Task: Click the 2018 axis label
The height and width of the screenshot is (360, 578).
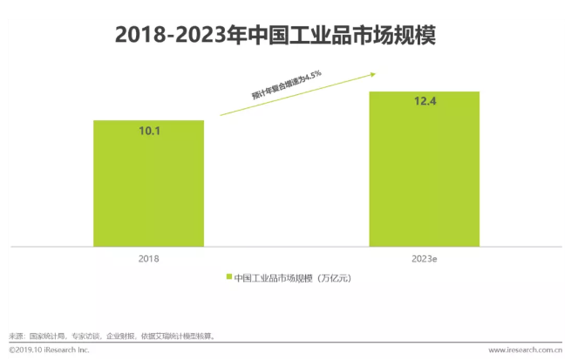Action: point(148,260)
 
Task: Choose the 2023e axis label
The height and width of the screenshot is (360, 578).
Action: point(425,260)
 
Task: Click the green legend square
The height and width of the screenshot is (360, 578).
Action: point(229,278)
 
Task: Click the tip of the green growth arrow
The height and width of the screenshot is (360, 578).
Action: point(360,75)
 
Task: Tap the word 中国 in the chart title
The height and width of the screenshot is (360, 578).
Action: point(269,36)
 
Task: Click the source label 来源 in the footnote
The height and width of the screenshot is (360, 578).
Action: point(16,335)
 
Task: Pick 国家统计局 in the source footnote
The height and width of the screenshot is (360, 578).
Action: point(45,335)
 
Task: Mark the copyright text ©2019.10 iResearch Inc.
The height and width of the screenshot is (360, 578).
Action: point(45,350)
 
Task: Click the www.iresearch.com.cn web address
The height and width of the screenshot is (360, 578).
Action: point(524,350)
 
